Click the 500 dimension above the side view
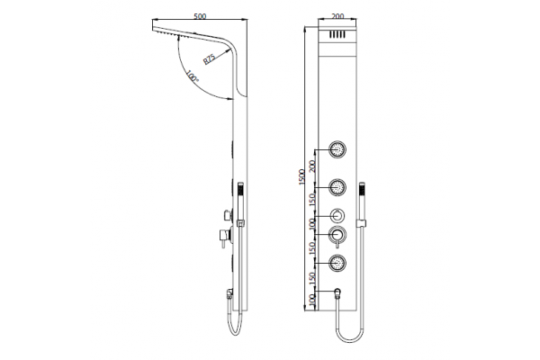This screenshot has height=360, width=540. click(200, 16)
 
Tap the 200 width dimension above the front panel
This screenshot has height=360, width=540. click(337, 16)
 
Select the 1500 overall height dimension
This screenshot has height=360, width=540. click(301, 177)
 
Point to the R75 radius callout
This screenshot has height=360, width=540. click(209, 58)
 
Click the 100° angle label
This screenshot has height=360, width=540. click(193, 76)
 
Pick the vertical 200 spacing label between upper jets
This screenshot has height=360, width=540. click(312, 166)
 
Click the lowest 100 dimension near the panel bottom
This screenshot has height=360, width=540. click(312, 300)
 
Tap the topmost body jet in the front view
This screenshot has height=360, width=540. click(337, 149)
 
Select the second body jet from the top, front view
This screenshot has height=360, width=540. click(337, 187)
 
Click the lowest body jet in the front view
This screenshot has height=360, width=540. click(337, 263)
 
